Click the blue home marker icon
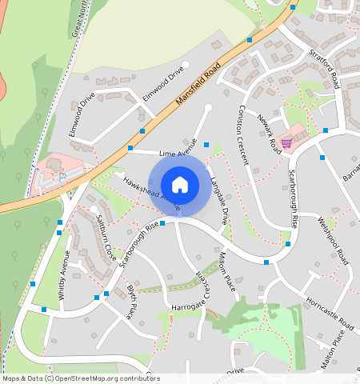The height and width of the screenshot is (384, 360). click(180, 185)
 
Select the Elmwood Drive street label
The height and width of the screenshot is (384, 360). click(82, 115)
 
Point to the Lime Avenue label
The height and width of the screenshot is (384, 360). click(178, 152)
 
